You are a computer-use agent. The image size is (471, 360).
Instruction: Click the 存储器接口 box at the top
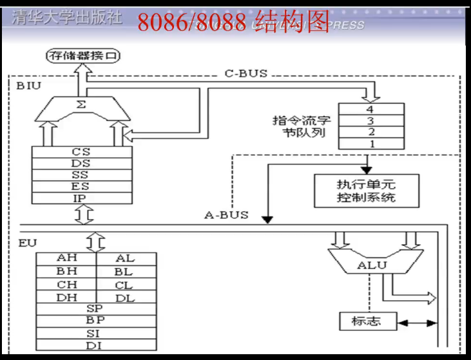[84, 56]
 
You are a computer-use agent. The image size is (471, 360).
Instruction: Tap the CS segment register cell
[81, 152]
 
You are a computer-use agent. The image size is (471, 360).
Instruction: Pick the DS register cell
[81, 164]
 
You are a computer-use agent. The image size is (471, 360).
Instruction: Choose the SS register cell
[81, 175]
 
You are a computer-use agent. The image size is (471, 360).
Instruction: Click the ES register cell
[81, 187]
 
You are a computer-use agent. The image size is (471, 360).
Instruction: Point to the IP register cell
[81, 198]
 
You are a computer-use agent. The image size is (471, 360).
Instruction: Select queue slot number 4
[370, 109]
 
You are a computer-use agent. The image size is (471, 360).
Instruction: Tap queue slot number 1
[370, 144]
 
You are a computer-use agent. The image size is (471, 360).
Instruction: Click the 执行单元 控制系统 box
[365, 190]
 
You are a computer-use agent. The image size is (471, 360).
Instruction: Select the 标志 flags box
[365, 321]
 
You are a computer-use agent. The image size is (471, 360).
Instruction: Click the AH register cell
[66, 259]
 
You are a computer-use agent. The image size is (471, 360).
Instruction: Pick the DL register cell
[125, 298]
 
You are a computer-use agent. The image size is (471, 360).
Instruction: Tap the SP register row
[95, 309]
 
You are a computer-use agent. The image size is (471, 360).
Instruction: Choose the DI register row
[95, 346]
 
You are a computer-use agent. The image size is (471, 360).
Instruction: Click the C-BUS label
[245, 74]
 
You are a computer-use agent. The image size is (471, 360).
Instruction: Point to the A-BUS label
[226, 215]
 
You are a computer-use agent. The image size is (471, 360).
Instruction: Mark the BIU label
[26, 85]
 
